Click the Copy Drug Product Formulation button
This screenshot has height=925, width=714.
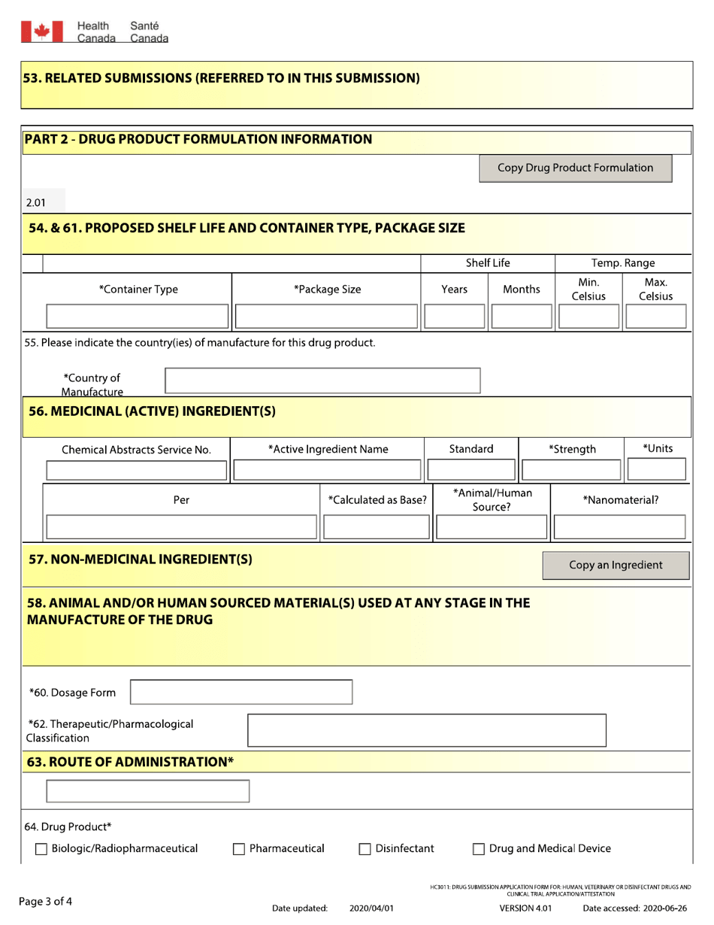click(576, 168)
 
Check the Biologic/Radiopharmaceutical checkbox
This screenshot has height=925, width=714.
click(42, 850)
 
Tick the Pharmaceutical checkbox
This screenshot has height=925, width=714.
click(239, 850)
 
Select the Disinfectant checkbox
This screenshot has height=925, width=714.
click(365, 850)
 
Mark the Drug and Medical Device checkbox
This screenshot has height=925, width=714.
click(478, 850)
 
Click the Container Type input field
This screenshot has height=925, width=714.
click(138, 317)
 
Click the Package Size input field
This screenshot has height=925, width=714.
click(327, 317)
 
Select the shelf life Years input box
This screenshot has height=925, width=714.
click(454, 317)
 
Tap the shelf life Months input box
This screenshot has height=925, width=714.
click(521, 317)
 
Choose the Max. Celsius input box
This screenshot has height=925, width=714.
click(655, 317)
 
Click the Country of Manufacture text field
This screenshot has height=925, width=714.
click(322, 381)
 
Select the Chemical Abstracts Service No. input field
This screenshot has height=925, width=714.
click(137, 471)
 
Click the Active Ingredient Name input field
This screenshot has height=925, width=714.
click(328, 471)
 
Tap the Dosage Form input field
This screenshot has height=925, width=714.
click(242, 693)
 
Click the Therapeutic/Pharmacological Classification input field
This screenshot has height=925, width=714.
click(426, 729)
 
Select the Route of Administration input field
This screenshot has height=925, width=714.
click(147, 791)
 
